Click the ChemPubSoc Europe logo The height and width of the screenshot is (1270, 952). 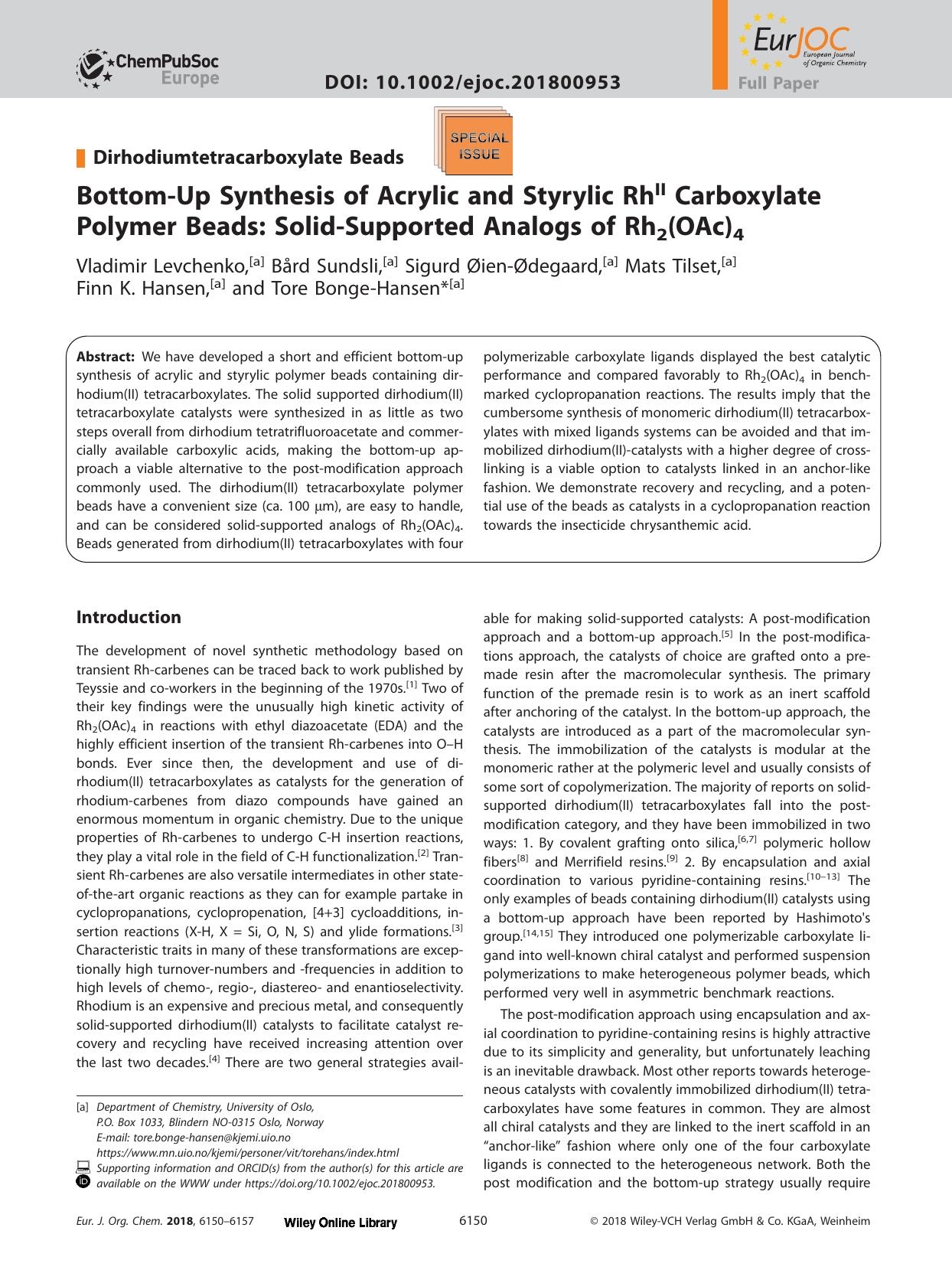click(x=147, y=67)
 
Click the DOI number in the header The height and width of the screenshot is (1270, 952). click(x=472, y=82)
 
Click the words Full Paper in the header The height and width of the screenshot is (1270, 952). click(x=778, y=84)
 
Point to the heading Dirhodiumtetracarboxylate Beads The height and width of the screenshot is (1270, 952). click(x=248, y=158)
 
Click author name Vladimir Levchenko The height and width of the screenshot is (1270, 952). click(x=161, y=266)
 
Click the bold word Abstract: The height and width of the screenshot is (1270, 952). click(x=106, y=357)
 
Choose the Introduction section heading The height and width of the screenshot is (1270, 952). click(x=129, y=617)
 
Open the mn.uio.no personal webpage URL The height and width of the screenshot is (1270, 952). click(x=248, y=1153)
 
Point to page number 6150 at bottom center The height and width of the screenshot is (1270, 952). click(x=472, y=1221)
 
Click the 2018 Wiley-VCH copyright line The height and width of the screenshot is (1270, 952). click(x=730, y=1222)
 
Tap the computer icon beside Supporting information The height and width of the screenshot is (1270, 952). click(x=83, y=1167)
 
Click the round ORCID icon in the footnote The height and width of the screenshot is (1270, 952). click(x=83, y=1181)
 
